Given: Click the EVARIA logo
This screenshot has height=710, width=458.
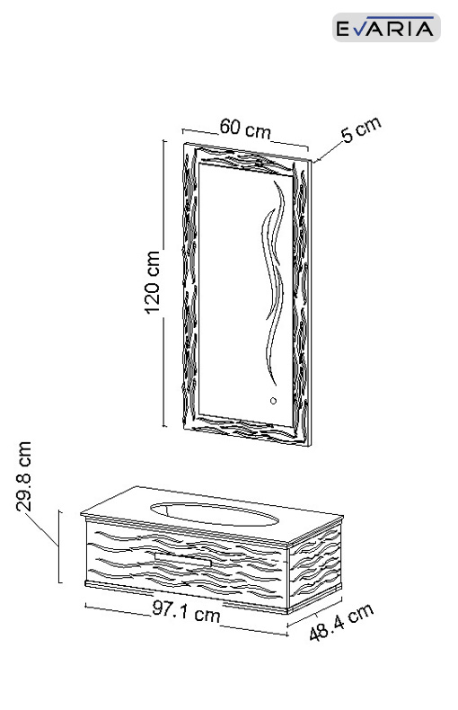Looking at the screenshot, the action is click(x=386, y=28).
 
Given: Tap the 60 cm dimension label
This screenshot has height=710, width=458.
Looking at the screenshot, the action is click(x=245, y=129).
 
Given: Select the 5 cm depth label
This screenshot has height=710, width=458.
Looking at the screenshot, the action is click(x=361, y=130).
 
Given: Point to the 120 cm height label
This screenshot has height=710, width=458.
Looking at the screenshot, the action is click(x=153, y=282).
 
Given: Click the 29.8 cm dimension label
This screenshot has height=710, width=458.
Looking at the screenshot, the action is click(x=23, y=476).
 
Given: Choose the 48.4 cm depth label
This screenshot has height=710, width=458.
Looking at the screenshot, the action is click(x=341, y=622).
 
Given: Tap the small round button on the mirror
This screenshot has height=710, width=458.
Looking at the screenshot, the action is click(x=273, y=401).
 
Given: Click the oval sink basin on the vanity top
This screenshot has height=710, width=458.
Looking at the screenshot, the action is click(x=214, y=514).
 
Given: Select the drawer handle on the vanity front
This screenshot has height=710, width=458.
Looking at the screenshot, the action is click(x=183, y=559).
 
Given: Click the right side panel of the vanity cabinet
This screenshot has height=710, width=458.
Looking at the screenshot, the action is click(x=315, y=566).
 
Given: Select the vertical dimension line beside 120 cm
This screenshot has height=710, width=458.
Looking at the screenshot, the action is click(x=163, y=283).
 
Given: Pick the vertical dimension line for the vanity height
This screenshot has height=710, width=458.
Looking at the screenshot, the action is click(x=59, y=546).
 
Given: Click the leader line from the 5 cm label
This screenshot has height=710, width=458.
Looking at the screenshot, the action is click(x=328, y=152).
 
